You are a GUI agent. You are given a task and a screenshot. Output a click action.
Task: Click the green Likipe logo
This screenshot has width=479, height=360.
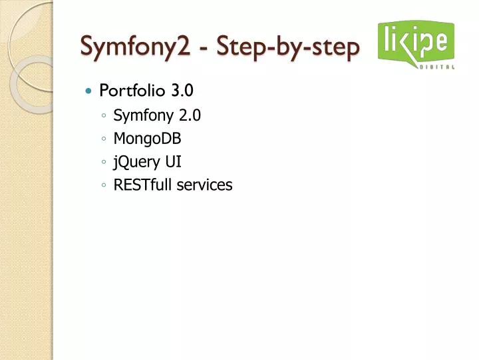coord(416,41)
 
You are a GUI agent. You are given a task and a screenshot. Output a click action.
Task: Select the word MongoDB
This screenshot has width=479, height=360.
coord(147,139)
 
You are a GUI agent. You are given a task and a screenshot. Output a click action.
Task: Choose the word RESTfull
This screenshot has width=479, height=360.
coord(142,185)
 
